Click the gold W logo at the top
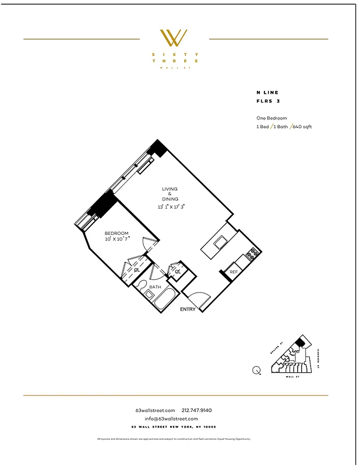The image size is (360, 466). pos(174,38)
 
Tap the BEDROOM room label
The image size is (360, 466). pos(117,233)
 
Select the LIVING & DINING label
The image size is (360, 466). pos(170,194)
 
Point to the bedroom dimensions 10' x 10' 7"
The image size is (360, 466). pos(117,239)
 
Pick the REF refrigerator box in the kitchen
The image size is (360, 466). pos(234,271)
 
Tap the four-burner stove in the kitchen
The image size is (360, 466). pos(253,253)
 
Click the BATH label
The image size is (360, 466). pos(155,287)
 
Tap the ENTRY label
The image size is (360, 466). pos(188,309)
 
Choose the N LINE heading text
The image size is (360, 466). pos(267,93)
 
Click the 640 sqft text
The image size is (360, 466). pos(303,126)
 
